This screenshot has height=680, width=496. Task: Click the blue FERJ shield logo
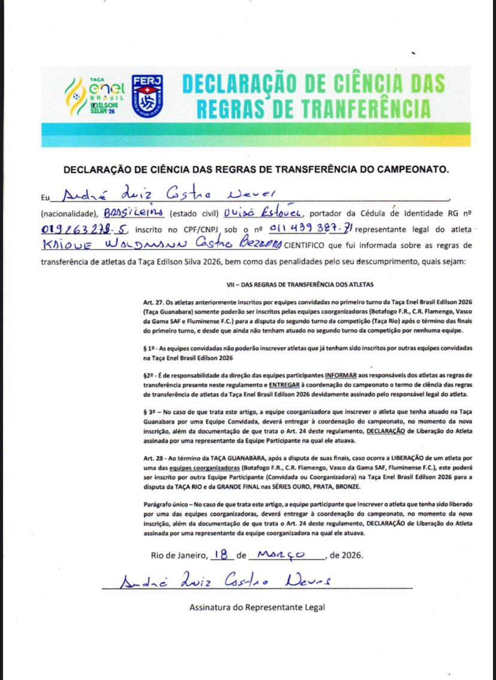(x=147, y=95)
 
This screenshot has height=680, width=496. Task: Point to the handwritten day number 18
(x=222, y=554)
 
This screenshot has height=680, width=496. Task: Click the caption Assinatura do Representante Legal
(x=257, y=607)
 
